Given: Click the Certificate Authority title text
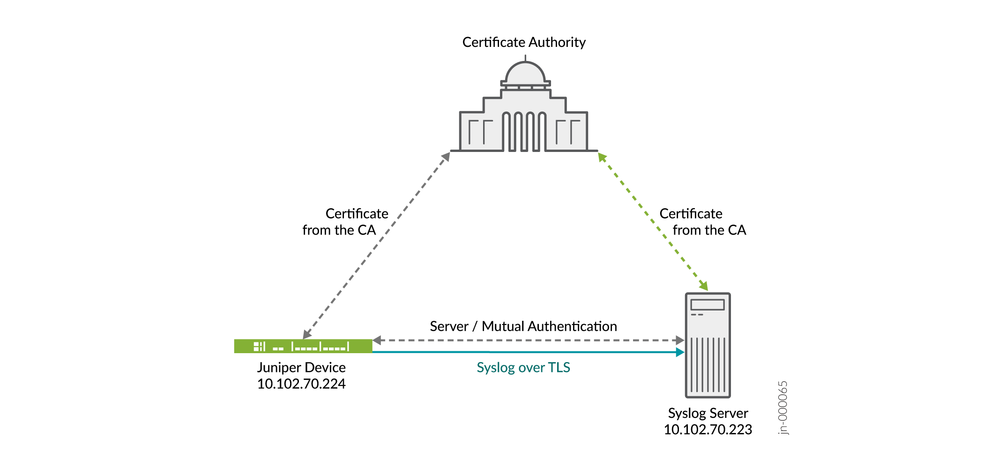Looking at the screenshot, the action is tap(524, 42).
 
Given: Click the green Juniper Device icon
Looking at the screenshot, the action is tap(303, 346).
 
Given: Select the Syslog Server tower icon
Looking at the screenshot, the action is tap(708, 345).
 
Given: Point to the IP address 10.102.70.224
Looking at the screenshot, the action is tap(301, 384).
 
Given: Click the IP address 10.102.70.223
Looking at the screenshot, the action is tap(708, 429).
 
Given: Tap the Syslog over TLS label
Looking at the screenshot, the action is tap(523, 367).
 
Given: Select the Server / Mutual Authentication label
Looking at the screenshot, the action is tap(523, 326).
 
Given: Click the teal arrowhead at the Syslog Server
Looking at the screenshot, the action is tap(680, 352).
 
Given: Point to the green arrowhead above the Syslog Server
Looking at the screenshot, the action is tap(703, 286).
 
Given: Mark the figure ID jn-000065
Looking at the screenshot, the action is tap(783, 408).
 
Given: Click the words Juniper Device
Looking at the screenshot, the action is tap(301, 367).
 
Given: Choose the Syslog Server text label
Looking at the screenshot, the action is tap(708, 413).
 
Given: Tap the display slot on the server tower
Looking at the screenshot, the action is tap(708, 304).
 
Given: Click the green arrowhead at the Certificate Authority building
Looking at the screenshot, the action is tap(603, 158).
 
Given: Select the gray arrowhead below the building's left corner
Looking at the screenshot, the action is tap(446, 157).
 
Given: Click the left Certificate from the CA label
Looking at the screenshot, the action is tap(345, 222).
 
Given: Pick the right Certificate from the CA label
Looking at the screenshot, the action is tap(703, 222).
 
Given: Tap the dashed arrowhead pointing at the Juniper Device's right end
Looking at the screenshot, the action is tap(377, 340).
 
